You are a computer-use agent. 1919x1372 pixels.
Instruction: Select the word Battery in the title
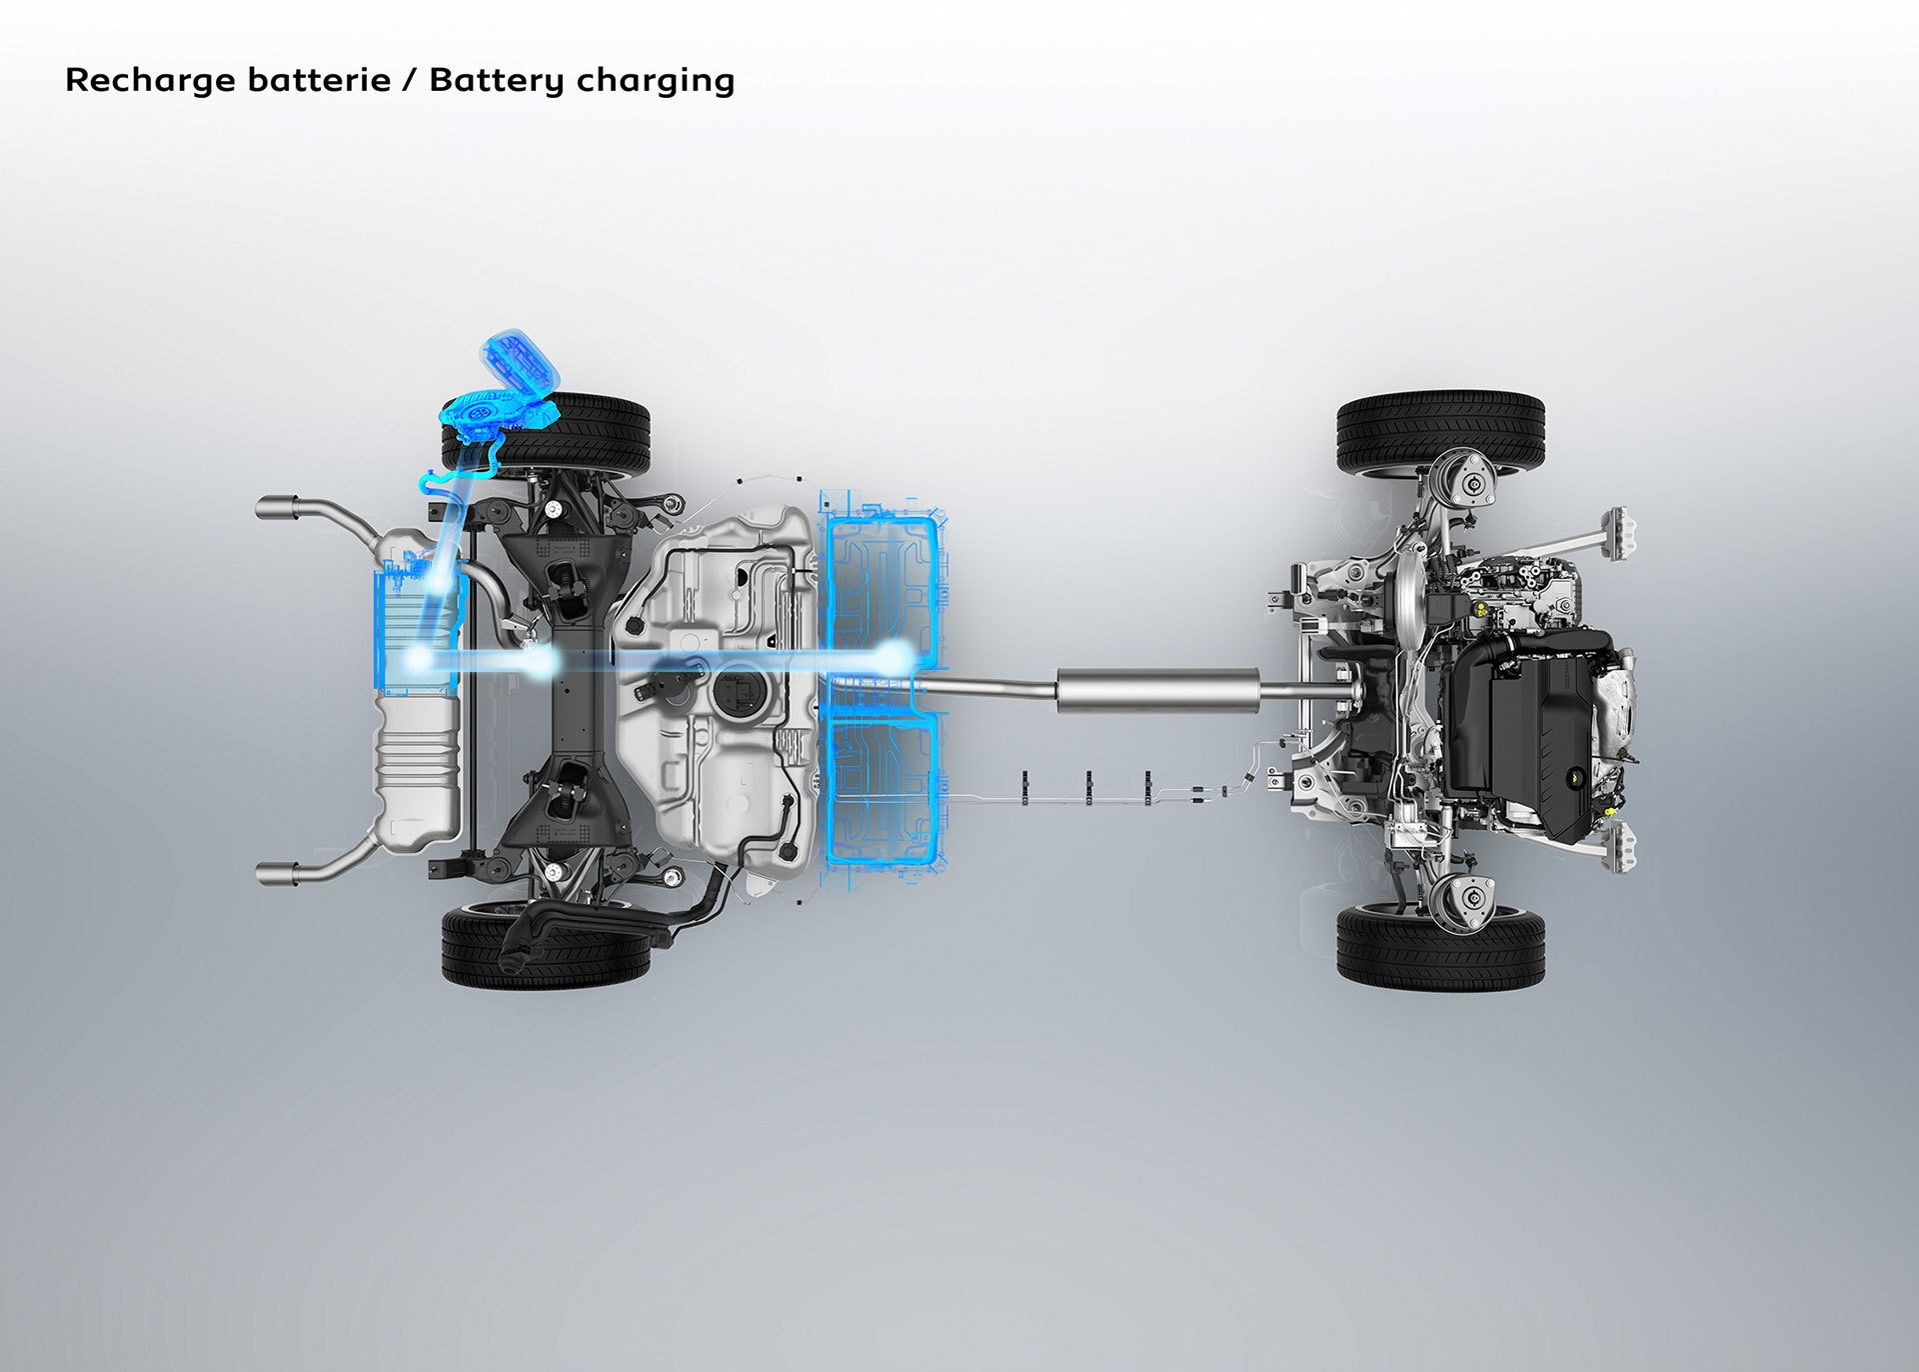pos(497,80)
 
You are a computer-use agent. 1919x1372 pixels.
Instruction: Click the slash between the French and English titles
pos(410,80)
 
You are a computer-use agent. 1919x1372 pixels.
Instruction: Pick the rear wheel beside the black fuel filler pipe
pos(546,945)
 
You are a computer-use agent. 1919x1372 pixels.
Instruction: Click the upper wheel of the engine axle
pos(1440,433)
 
